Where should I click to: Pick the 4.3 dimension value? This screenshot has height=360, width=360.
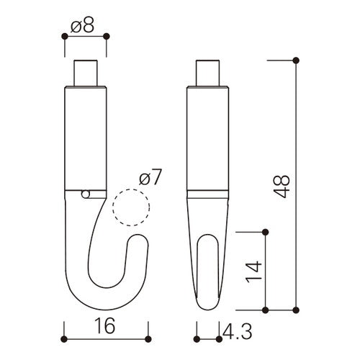(x=235, y=332)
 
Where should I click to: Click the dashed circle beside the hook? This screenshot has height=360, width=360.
(x=131, y=208)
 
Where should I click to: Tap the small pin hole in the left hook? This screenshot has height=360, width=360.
(x=86, y=193)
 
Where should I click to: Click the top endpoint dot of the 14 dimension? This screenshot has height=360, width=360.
(x=266, y=231)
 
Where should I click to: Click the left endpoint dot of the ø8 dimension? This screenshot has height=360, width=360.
(x=65, y=35)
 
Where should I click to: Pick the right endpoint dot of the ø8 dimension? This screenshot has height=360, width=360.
(x=106, y=35)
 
